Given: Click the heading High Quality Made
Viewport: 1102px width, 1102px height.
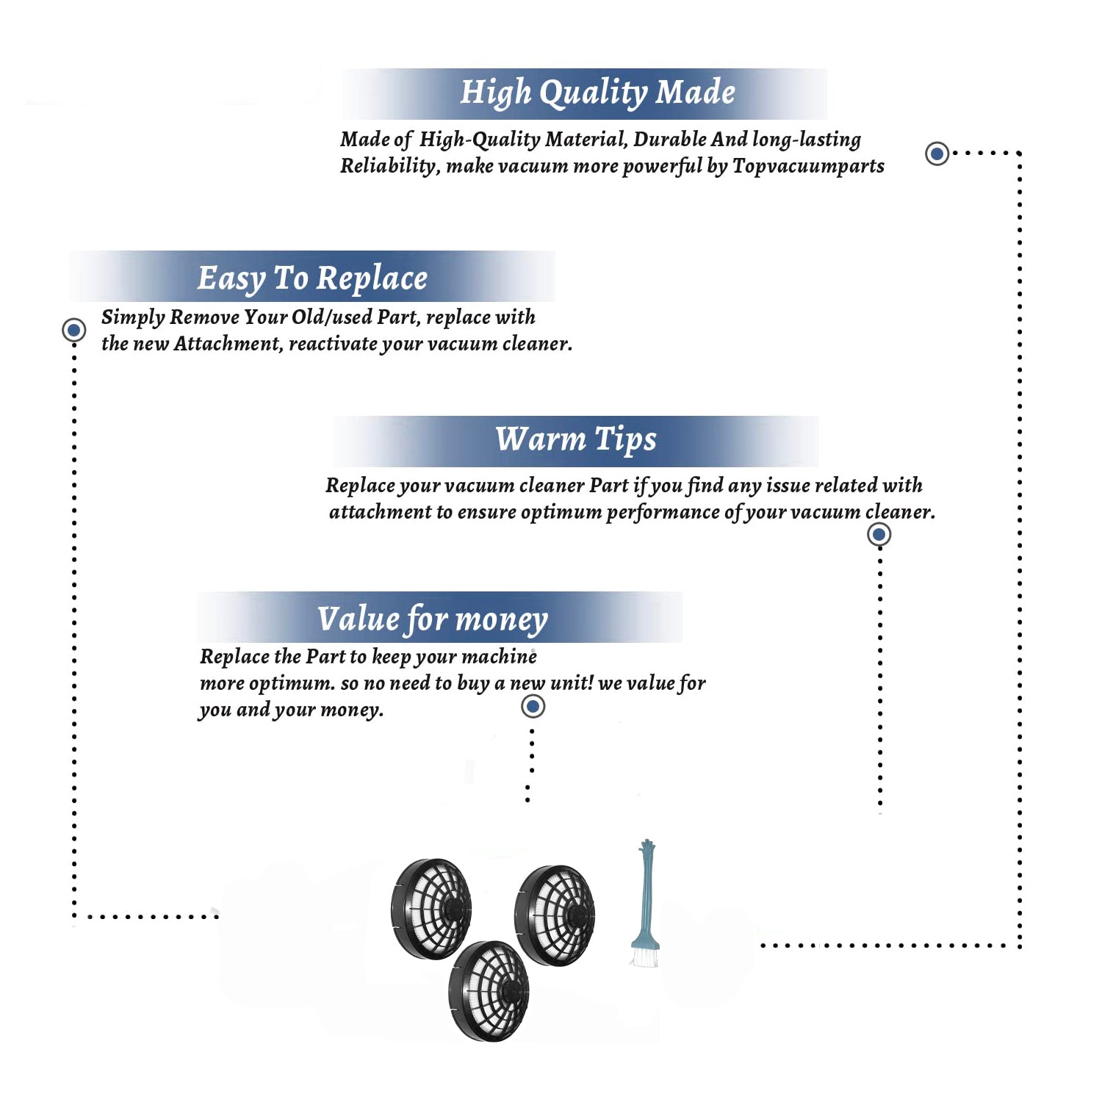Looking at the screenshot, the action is coord(597,93).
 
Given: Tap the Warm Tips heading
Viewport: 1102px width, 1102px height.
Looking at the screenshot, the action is coord(576,440).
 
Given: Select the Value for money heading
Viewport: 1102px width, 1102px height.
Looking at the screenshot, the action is coord(433,619).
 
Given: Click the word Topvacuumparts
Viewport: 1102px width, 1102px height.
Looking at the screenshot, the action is coord(808,167).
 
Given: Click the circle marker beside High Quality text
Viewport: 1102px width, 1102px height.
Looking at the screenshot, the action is coord(937,154).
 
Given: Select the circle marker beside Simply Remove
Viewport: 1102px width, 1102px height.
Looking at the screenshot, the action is coord(73,330).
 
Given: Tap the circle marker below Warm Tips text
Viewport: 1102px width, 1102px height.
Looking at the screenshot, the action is coord(879,534).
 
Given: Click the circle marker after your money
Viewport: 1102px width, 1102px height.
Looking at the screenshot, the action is coord(533,707).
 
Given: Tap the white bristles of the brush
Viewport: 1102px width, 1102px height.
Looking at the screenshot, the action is coord(644,957).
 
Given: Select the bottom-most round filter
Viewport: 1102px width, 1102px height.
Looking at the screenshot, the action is coord(489,991).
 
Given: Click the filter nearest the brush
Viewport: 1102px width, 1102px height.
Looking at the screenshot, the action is coord(555,915).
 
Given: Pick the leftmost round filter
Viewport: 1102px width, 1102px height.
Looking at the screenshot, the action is coord(431,909).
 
